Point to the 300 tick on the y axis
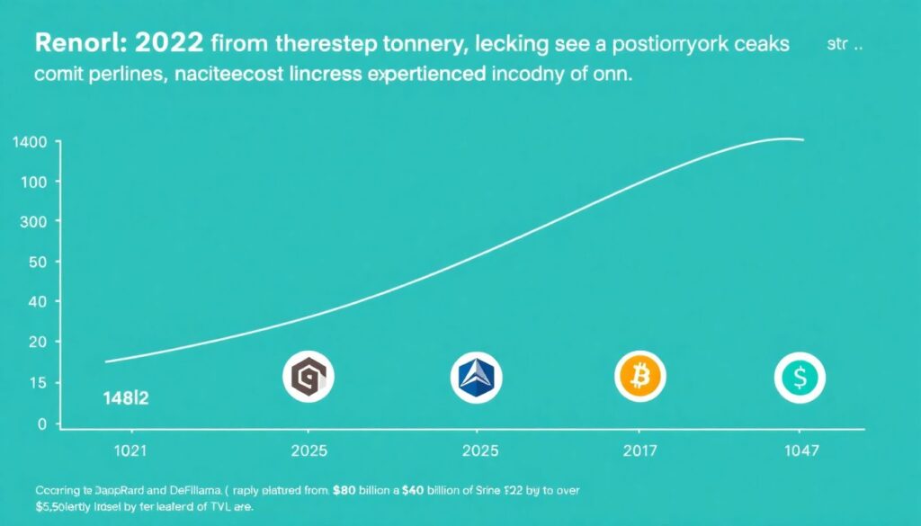(x=33, y=221)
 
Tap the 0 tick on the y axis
(x=41, y=423)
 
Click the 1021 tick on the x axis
(x=130, y=450)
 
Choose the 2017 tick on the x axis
(x=640, y=450)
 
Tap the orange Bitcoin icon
(x=640, y=376)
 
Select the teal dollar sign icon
(x=800, y=378)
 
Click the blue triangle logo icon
(x=475, y=378)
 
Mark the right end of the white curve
(x=801, y=140)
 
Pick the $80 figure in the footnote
(x=342, y=491)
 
